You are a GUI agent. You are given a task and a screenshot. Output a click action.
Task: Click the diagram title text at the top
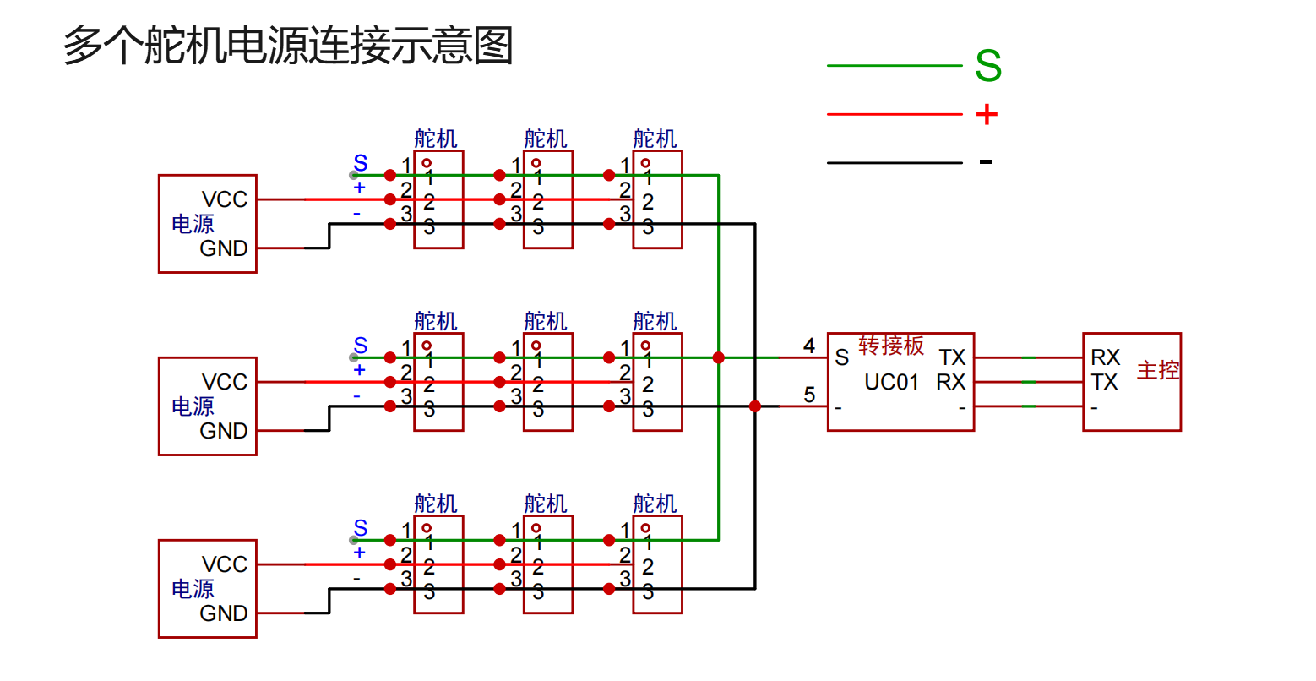288,46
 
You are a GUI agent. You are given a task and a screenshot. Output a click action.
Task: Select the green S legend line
895,65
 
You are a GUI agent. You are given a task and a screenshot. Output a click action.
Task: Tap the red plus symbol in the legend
987,114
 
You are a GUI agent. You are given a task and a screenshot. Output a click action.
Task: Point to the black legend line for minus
895,162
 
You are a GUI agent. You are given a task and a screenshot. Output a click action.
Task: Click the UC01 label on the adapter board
891,383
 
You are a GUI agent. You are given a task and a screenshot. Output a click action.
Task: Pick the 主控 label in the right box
1157,370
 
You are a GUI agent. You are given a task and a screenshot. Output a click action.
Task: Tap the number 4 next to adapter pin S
809,346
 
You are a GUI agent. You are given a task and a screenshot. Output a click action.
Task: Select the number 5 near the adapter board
809,395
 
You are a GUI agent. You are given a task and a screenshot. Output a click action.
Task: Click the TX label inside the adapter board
952,357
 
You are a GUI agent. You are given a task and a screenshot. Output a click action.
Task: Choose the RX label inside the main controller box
1105,357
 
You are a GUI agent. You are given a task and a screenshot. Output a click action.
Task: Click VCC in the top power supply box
225,199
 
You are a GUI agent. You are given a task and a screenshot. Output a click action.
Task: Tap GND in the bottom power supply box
224,613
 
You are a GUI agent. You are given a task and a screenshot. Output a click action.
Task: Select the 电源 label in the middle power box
193,406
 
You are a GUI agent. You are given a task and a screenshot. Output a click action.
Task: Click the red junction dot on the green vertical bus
719,357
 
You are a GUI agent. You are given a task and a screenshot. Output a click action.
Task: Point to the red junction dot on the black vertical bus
755,406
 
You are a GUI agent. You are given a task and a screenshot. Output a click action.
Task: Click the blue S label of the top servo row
361,163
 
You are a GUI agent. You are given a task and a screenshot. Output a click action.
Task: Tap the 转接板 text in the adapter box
891,346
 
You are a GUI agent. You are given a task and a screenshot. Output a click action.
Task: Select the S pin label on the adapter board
841,357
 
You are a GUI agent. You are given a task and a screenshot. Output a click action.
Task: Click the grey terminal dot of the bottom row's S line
355,540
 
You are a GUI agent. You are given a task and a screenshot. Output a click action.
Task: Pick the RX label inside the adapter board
951,383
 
